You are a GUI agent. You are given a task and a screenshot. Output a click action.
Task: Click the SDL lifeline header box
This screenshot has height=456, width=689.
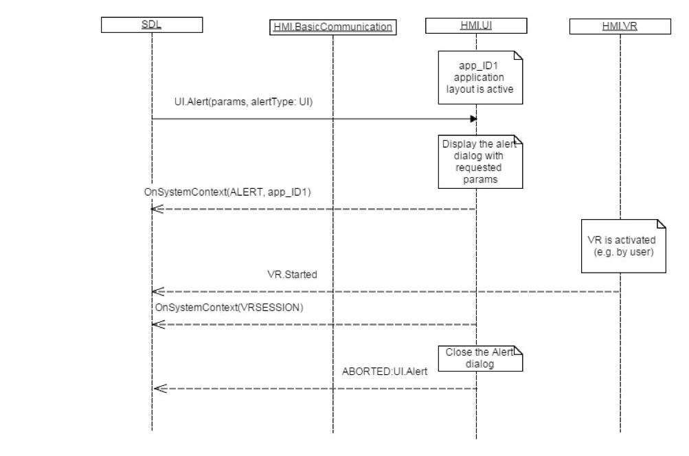point(152,26)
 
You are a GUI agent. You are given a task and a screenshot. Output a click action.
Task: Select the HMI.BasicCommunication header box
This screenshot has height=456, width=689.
point(332,27)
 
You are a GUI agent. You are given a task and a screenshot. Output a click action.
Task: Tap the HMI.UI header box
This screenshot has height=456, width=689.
point(476,26)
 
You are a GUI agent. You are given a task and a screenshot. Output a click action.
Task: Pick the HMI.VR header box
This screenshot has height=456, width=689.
point(620,26)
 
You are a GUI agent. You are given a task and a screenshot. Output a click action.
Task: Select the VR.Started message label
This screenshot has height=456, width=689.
point(292,274)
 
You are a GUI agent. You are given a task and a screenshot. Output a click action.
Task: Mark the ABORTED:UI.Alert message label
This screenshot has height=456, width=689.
point(385,372)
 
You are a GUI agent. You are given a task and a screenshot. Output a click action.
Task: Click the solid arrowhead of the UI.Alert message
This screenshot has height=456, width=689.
point(473,119)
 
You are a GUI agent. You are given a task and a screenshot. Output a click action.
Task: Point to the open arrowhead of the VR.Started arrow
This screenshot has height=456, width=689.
point(157,291)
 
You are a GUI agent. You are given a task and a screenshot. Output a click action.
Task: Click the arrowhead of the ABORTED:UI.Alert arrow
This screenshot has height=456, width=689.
point(157,389)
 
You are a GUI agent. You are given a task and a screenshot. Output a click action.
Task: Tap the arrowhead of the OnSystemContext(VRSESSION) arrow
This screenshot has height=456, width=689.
point(157,324)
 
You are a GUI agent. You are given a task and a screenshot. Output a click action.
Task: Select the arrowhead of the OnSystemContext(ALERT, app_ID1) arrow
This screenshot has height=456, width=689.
point(157,209)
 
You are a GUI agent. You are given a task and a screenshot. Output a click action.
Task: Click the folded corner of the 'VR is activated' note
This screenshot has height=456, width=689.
point(661,224)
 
